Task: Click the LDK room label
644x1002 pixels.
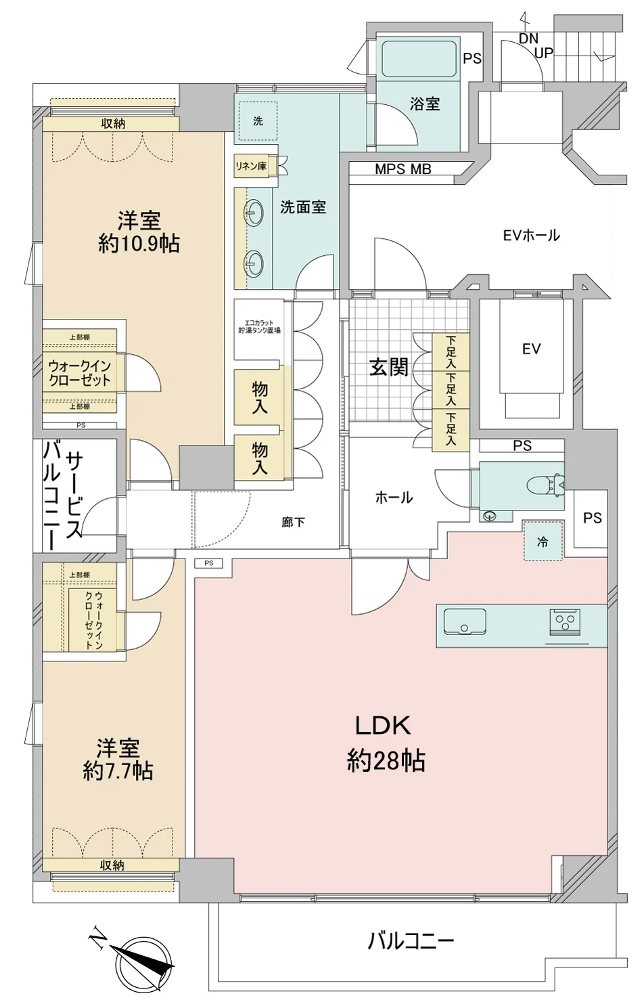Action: (x=384, y=726)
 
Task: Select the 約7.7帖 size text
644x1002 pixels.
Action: (x=118, y=770)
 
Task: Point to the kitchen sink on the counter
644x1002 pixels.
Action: (x=465, y=622)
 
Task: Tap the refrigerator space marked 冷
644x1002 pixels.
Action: (x=542, y=542)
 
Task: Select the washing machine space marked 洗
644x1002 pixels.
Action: (x=258, y=122)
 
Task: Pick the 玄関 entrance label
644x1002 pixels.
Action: (x=388, y=368)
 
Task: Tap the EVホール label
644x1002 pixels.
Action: (x=531, y=236)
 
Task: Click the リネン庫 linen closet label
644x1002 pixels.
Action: (x=250, y=166)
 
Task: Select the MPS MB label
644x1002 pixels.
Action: (x=403, y=169)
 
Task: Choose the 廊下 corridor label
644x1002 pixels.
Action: (x=293, y=522)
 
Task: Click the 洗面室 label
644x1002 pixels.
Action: (x=303, y=207)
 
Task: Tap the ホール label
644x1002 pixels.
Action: (x=394, y=498)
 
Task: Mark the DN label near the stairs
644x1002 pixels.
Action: (x=528, y=39)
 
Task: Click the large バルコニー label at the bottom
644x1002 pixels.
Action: (x=411, y=940)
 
